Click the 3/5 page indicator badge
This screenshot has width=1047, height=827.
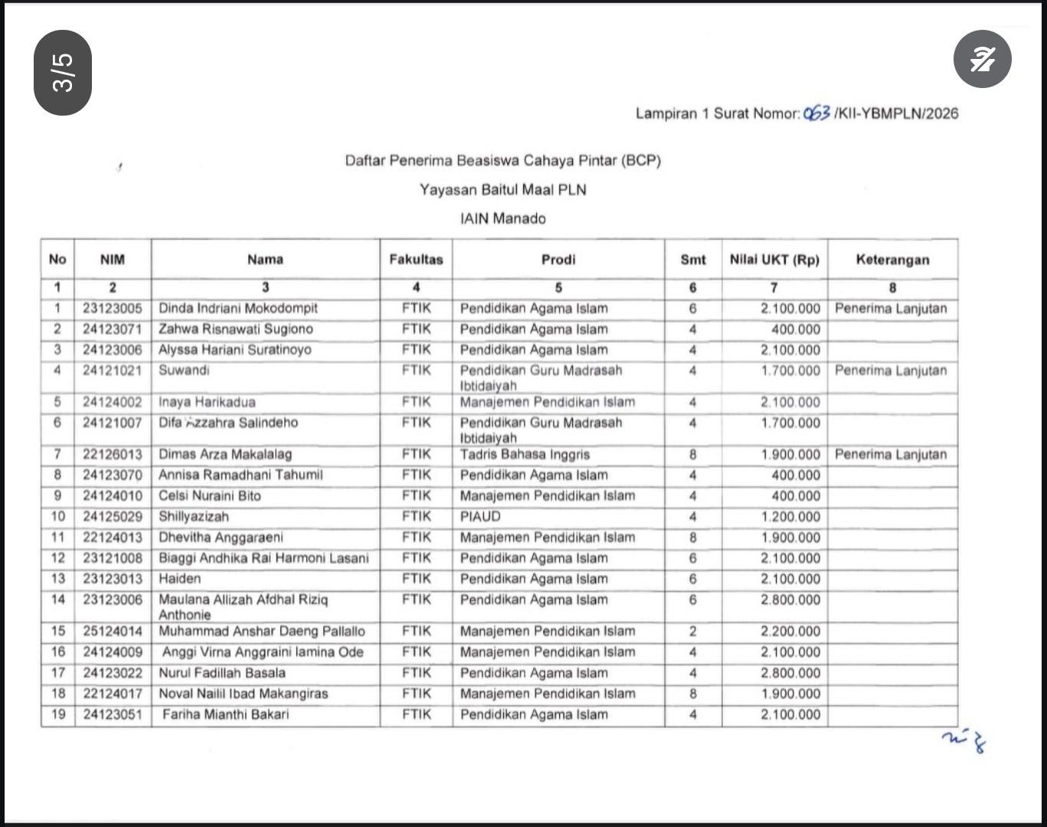click(x=63, y=73)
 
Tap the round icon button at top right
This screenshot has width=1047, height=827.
click(x=982, y=59)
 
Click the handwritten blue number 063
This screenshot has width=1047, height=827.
click(x=816, y=113)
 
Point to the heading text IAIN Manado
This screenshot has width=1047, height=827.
click(x=502, y=218)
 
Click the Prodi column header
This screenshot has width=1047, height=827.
click(x=558, y=260)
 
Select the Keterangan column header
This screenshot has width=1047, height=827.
click(x=892, y=260)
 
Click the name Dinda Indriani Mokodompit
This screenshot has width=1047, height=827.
click(x=237, y=309)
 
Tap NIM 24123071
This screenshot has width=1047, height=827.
click(x=113, y=329)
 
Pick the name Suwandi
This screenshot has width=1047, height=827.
click(x=184, y=371)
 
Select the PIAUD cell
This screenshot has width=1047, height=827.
click(x=480, y=517)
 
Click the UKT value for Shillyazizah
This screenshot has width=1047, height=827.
click(x=790, y=517)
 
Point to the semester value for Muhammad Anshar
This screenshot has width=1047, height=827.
click(x=692, y=632)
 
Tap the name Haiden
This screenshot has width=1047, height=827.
click(x=179, y=579)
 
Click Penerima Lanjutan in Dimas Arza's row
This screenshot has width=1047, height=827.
click(x=890, y=454)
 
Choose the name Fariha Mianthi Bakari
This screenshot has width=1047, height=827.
click(x=225, y=714)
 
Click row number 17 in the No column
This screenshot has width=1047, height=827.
click(x=58, y=673)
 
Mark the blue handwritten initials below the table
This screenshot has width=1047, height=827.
click(x=964, y=740)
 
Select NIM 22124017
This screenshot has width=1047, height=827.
click(x=113, y=694)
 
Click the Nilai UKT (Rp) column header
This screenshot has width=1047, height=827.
click(x=774, y=260)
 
